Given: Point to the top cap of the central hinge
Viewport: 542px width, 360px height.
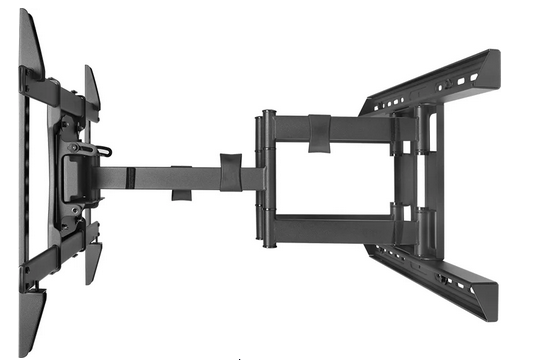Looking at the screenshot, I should (x=269, y=113).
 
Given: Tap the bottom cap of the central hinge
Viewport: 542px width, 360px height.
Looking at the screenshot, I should (x=269, y=246).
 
